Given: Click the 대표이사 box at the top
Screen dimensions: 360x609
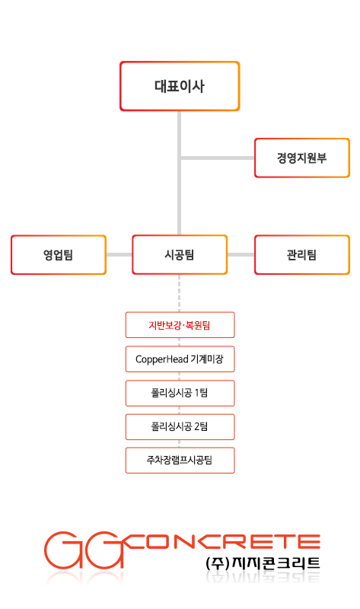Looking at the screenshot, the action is (180, 86).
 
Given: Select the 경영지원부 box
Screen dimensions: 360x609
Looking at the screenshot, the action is (301, 158).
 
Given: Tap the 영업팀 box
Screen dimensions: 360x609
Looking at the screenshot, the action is (59, 255).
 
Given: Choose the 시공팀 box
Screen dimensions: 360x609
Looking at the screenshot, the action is (180, 255).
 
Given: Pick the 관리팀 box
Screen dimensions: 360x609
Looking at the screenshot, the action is (301, 255).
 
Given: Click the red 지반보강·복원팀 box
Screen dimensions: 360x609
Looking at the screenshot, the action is (180, 325).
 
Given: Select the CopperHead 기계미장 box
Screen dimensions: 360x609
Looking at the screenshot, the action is (180, 359).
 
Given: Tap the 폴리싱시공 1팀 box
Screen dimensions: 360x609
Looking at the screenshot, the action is (180, 393).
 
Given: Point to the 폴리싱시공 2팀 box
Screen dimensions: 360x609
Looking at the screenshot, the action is (180, 427).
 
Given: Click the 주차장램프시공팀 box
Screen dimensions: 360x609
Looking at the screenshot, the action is (180, 461).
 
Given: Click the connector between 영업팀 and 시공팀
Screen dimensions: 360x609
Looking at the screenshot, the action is (119, 255).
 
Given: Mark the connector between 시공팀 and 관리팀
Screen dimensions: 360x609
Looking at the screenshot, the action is (241, 255).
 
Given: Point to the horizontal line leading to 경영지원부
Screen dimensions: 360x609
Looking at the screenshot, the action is (218, 158).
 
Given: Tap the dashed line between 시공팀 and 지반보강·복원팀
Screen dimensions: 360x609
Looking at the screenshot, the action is (179, 293).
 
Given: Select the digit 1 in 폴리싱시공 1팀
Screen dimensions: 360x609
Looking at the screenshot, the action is (196, 393).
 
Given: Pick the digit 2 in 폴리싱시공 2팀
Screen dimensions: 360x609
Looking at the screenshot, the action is (197, 427).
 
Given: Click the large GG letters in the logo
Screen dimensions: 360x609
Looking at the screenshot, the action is (84, 550).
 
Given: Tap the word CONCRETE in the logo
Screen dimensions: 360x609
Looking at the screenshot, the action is (223, 542).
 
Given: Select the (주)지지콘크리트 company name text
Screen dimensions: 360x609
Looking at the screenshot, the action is (263, 563).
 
